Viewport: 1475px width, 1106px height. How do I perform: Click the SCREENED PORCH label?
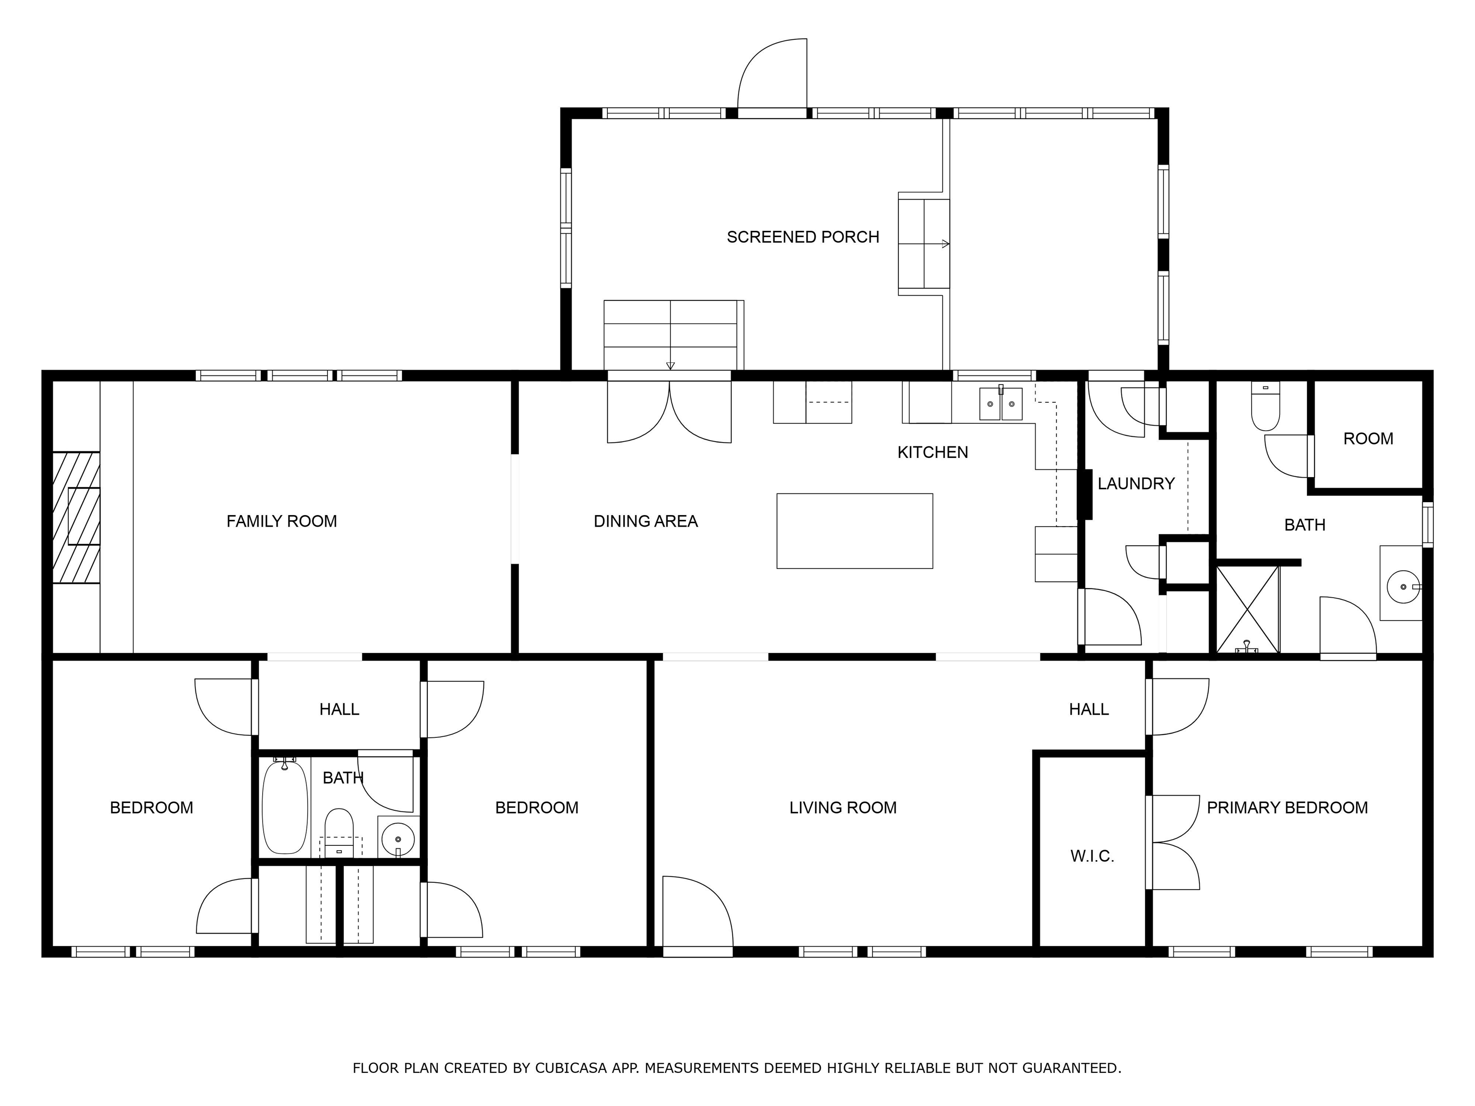click(802, 237)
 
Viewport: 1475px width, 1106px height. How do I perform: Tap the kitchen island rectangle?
click(854, 530)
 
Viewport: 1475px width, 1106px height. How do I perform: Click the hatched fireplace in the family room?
click(76, 517)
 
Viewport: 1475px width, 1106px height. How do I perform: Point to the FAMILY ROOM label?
click(281, 521)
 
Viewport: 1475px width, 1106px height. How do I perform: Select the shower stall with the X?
click(1247, 609)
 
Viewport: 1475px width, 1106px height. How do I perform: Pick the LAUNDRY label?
click(1136, 484)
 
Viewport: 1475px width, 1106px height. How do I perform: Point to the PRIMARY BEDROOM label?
click(1287, 808)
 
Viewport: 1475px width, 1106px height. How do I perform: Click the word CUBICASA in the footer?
click(571, 1068)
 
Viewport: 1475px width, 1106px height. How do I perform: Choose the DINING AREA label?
click(645, 521)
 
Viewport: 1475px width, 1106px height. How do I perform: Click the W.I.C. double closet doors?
click(1173, 842)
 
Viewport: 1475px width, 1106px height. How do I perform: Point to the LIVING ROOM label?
click(843, 808)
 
